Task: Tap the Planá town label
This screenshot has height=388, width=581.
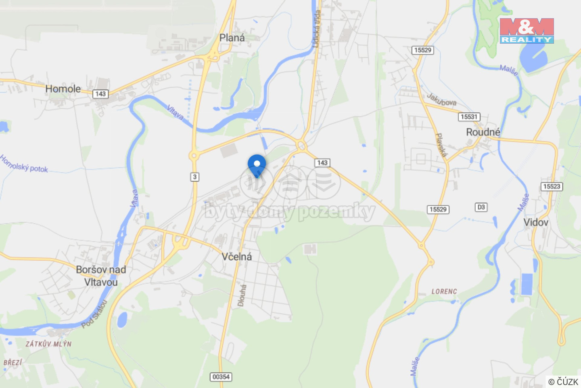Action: coord(232,38)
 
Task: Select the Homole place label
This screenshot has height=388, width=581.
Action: coord(63,89)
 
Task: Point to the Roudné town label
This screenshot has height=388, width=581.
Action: coord(483,132)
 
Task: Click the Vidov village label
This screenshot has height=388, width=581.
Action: coord(536,222)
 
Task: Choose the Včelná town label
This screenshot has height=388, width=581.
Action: coord(237,257)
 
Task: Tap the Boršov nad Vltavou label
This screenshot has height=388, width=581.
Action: coord(101,276)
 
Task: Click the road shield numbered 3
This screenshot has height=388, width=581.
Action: coord(195,177)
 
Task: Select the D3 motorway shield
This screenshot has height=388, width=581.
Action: coord(481,207)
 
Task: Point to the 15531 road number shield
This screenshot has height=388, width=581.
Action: coord(469,117)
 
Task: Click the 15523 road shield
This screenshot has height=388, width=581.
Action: coord(552,186)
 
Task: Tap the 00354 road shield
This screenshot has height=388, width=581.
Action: coord(221,377)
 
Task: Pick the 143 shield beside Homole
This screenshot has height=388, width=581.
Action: coord(100,94)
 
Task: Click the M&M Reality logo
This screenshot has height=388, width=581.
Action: coord(527,30)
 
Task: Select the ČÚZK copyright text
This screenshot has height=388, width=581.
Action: coord(563,382)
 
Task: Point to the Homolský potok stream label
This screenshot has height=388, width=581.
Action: coord(24,164)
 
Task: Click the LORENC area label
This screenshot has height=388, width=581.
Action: coord(444,291)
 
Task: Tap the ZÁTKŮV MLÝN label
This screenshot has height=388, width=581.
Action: coord(48,344)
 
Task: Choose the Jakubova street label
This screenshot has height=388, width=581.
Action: coord(442,99)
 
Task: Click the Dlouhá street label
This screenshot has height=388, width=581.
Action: coord(242,295)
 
